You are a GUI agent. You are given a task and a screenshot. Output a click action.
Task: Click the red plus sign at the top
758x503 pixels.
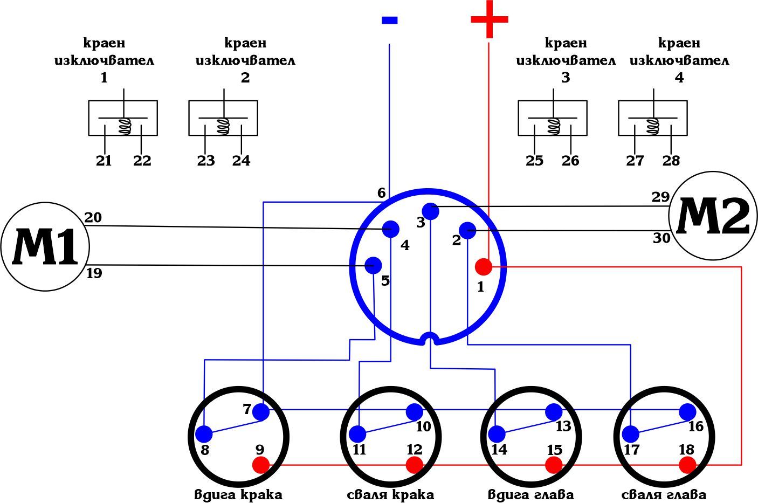(489, 20)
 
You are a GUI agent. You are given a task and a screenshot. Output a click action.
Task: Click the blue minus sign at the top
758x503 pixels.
(389, 20)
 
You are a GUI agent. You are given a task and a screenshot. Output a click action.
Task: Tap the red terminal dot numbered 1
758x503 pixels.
(483, 266)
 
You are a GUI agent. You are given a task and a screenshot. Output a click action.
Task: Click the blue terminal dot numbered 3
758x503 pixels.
(431, 211)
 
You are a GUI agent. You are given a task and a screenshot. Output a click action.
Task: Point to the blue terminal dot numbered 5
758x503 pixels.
(373, 265)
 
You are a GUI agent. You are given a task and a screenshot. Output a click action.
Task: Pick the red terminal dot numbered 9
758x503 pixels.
(261, 465)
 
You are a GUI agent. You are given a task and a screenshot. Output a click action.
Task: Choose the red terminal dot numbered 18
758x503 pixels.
(687, 465)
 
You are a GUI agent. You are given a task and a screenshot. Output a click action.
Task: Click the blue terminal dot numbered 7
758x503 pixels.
(261, 412)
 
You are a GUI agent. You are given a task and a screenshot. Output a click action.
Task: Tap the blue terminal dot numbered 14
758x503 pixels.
(497, 433)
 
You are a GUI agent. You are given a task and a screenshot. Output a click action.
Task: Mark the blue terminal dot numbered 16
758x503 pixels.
(687, 412)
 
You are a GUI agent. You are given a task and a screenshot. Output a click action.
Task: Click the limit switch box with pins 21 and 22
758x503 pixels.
(123, 118)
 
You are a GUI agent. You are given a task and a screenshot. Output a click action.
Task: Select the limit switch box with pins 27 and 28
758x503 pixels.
(653, 118)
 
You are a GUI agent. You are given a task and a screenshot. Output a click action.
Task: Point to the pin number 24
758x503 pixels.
(242, 161)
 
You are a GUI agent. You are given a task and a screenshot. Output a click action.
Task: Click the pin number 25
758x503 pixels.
(534, 161)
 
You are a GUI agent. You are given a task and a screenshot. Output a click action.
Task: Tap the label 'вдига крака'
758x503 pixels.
(238, 494)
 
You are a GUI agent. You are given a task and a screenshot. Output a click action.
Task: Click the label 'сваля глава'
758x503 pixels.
(664, 494)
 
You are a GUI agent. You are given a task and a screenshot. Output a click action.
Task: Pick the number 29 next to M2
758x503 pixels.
(660, 197)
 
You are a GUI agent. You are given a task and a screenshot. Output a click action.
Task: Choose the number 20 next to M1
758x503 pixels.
(93, 217)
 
